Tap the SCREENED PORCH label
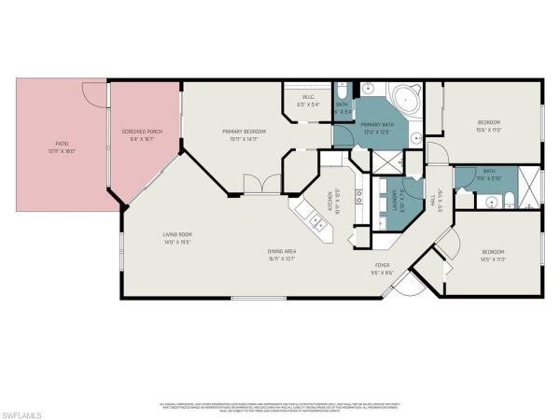click(x=142, y=132)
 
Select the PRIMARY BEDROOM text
click(x=245, y=132)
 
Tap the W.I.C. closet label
click(x=308, y=98)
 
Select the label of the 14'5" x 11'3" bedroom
click(x=493, y=252)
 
